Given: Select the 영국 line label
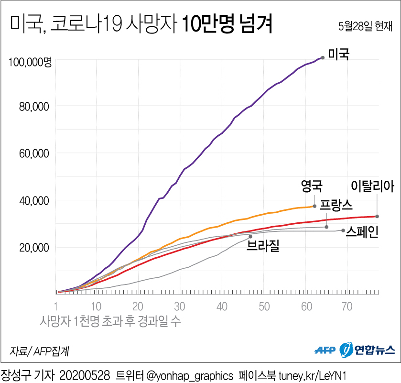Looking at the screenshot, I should click(312, 186).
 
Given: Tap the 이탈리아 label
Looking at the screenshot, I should click(372, 186).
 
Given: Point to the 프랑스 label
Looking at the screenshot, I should click(336, 205).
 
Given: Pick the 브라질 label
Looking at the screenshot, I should click(263, 246).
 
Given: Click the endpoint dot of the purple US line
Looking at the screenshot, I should click(323, 57).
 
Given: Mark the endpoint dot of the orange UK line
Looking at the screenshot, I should click(314, 206).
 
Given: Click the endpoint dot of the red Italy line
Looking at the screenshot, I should click(377, 216).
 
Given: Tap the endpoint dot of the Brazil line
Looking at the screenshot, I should click(250, 236).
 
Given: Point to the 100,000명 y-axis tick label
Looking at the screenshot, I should click(29, 62).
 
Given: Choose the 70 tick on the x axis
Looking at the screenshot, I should click(347, 306).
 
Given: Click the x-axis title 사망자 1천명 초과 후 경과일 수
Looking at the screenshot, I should click(111, 321).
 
